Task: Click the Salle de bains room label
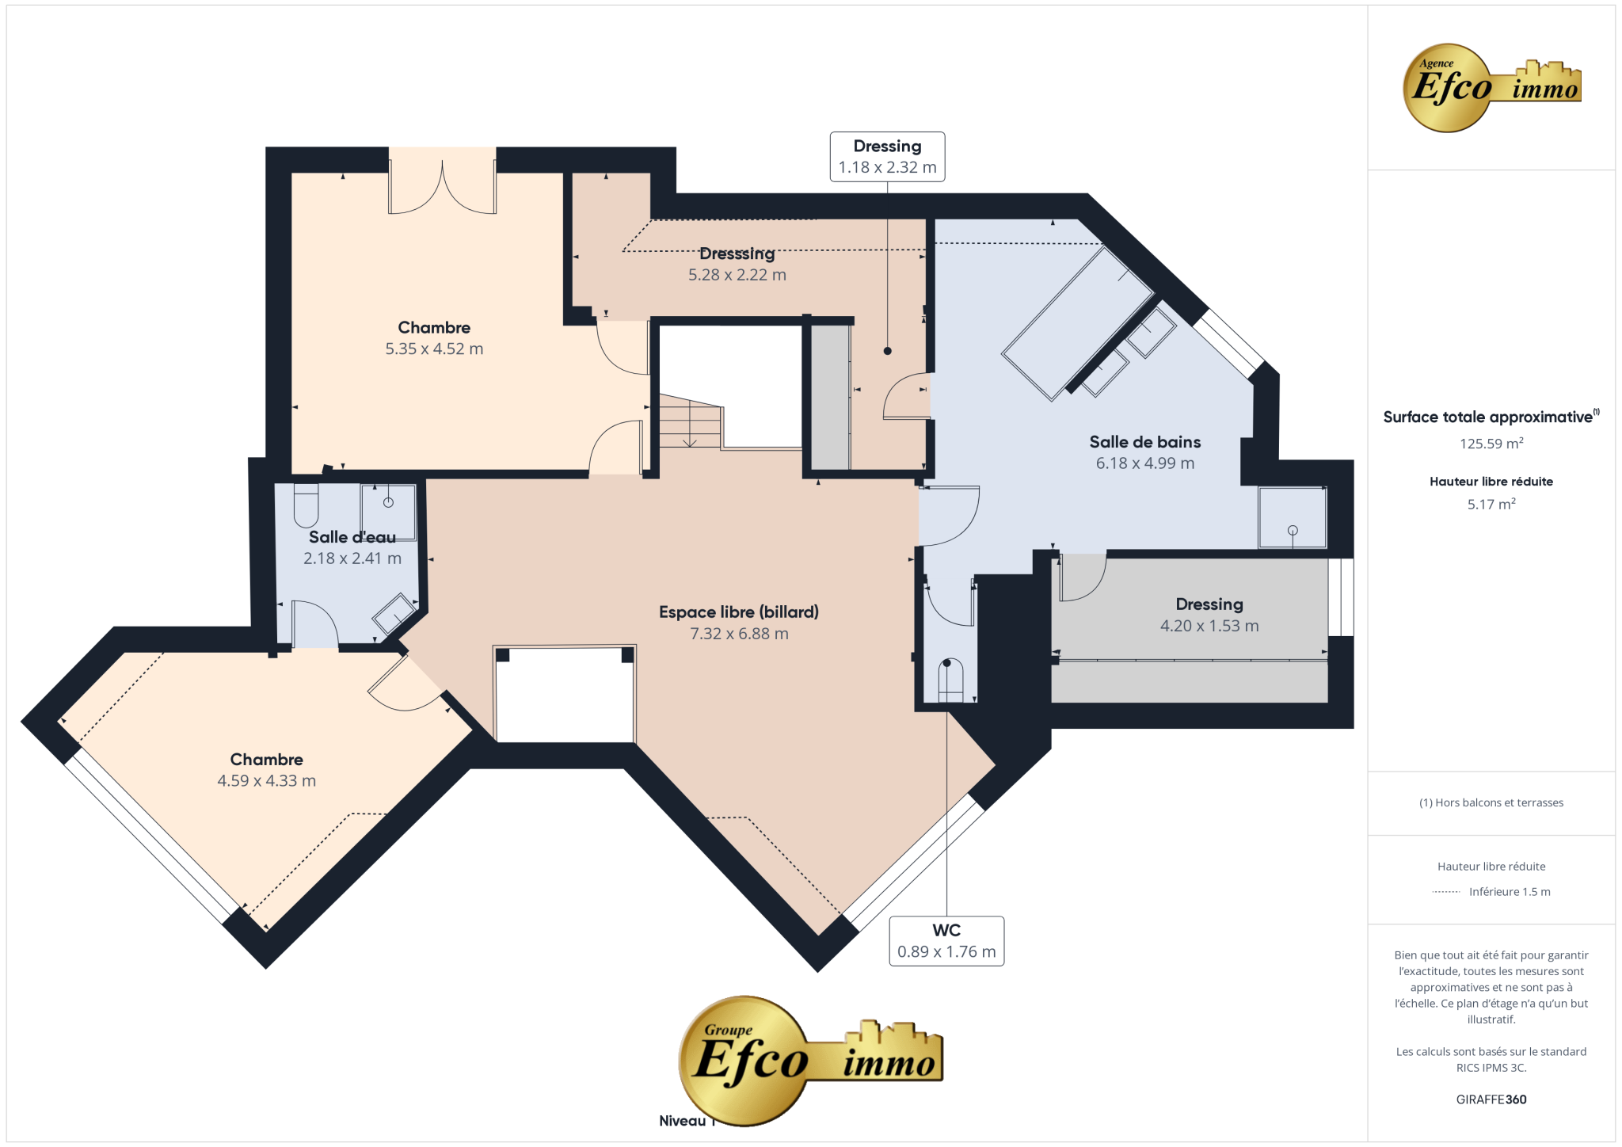click(1144, 442)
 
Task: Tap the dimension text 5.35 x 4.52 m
click(434, 349)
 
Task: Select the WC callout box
click(946, 941)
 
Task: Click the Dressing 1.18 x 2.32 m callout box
click(887, 157)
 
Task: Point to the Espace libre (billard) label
click(739, 612)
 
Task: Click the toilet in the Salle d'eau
click(306, 505)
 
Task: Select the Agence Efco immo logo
click(1491, 88)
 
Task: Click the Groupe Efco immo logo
click(811, 1060)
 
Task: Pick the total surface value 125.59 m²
click(1491, 444)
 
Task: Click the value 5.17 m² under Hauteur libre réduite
click(1491, 504)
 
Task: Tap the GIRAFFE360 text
click(1491, 1099)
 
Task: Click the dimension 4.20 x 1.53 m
click(1209, 626)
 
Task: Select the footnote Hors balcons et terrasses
click(1491, 802)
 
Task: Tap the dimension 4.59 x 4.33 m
click(267, 781)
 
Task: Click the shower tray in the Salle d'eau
click(388, 512)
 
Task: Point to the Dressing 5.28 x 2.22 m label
click(737, 265)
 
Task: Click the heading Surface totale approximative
click(1489, 417)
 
